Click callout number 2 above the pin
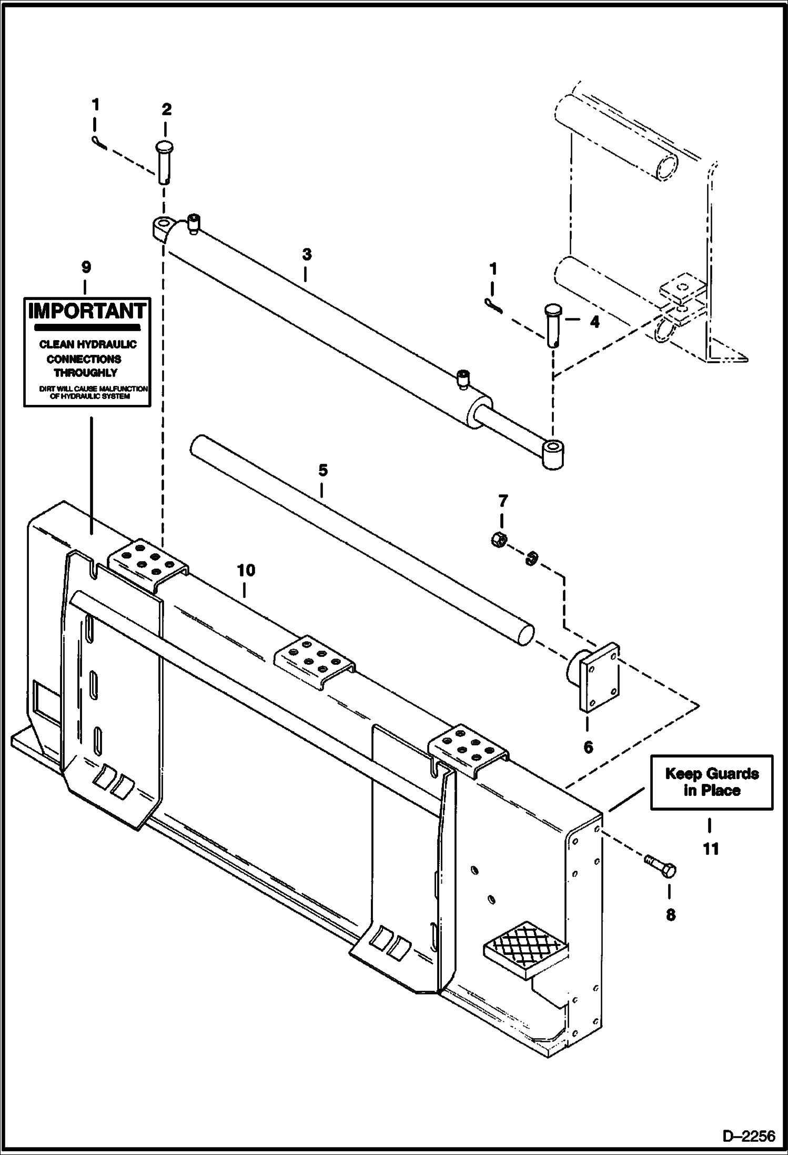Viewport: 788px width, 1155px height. pyautogui.click(x=166, y=109)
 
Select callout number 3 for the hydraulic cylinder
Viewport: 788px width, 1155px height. pyautogui.click(x=307, y=255)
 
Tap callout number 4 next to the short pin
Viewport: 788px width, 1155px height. pyautogui.click(x=594, y=322)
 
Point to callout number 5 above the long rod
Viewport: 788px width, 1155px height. pyautogui.click(x=322, y=470)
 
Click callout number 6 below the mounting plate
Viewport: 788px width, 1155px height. pyautogui.click(x=588, y=746)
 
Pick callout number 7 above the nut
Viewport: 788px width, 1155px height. pyautogui.click(x=502, y=501)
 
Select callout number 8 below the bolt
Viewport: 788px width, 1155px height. pyautogui.click(x=670, y=915)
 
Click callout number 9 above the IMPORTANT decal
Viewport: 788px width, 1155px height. pyautogui.click(x=86, y=267)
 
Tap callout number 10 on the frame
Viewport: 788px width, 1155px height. pyautogui.click(x=246, y=570)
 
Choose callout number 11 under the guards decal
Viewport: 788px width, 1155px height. pyautogui.click(x=711, y=849)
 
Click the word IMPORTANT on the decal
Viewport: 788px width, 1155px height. pyautogui.click(x=87, y=311)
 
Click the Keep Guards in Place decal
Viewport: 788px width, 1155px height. pyautogui.click(x=712, y=782)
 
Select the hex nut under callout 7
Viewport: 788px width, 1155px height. pyautogui.click(x=500, y=540)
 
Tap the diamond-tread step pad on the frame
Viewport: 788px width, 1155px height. pyautogui.click(x=525, y=949)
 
